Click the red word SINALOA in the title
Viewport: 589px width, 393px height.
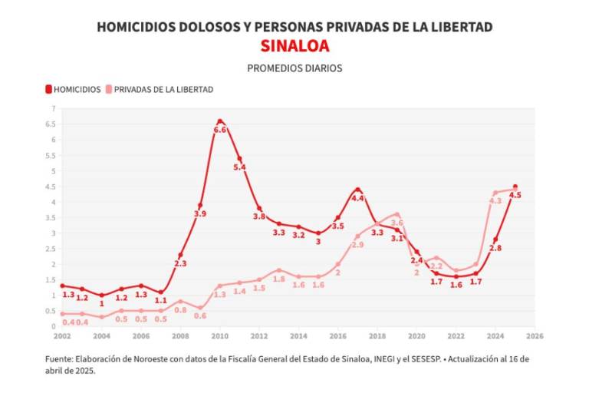click(294, 46)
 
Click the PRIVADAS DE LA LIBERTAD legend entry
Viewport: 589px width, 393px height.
click(163, 89)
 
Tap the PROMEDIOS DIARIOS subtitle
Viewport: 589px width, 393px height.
click(294, 68)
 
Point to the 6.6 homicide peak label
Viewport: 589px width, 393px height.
click(220, 130)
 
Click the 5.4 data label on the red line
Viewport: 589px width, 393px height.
click(239, 167)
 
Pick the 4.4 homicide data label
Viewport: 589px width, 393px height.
click(357, 198)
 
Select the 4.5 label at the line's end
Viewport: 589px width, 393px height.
click(515, 196)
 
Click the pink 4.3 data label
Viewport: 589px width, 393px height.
click(495, 201)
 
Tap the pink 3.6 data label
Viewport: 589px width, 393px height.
click(397, 223)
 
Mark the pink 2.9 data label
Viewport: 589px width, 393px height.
click(357, 245)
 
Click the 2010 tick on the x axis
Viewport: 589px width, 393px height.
click(220, 336)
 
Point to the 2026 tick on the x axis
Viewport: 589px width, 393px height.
click(535, 336)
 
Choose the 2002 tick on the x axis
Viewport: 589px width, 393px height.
click(62, 336)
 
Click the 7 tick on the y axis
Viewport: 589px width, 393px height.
click(54, 108)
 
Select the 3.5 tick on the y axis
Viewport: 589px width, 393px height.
click(51, 217)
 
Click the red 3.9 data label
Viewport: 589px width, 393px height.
click(200, 214)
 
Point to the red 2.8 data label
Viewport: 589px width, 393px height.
click(495, 248)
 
